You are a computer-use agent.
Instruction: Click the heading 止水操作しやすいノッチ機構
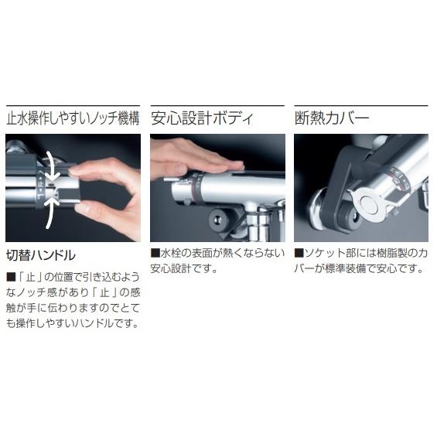click(73, 119)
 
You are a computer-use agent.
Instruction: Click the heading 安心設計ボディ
click(202, 119)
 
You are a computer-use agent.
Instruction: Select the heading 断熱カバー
click(332, 118)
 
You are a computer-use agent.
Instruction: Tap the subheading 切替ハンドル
click(41, 255)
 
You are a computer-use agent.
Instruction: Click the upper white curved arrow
click(52, 165)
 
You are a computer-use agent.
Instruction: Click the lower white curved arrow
click(52, 212)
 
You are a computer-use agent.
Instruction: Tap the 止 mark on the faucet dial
click(41, 184)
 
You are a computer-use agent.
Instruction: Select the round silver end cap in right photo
click(368, 205)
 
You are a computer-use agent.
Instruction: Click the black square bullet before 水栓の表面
click(155, 253)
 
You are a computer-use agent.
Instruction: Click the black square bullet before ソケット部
click(299, 253)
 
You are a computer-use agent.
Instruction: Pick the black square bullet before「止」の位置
click(11, 277)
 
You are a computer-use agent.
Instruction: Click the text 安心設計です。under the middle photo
click(184, 268)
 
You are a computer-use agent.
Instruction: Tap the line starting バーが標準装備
click(359, 268)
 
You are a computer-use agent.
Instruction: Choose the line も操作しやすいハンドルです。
click(73, 323)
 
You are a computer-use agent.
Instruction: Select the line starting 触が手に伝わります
click(73, 308)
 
